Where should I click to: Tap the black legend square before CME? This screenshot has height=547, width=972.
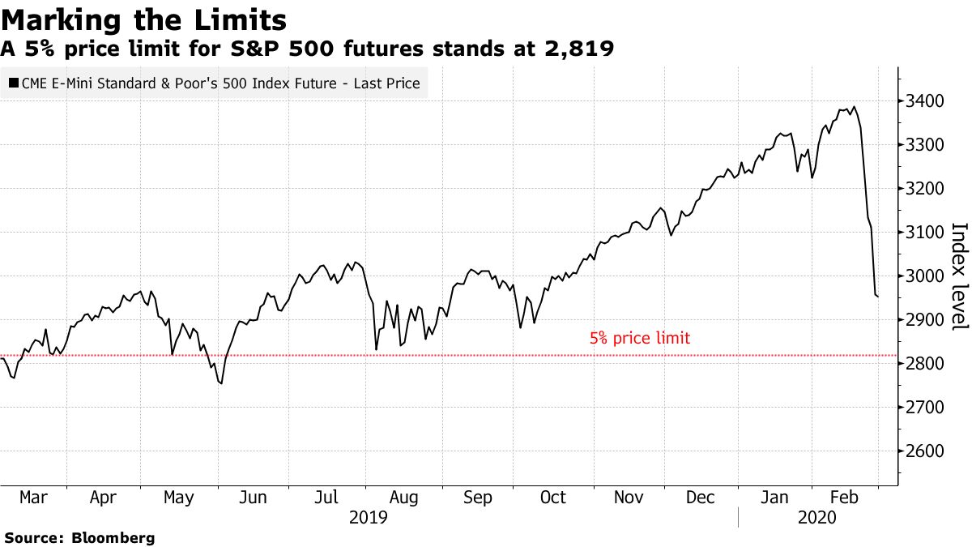click(13, 83)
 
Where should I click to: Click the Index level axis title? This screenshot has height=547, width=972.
click(958, 276)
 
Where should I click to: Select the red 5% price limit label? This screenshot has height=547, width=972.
click(640, 339)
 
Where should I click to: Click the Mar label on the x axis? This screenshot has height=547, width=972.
click(32, 498)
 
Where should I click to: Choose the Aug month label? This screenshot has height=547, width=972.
click(403, 498)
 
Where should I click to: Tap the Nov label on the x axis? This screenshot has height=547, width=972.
click(629, 498)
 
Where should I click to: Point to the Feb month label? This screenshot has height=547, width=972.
click(846, 498)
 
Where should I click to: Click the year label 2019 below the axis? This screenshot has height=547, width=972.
click(369, 517)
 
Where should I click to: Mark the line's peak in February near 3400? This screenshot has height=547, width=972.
click(855, 106)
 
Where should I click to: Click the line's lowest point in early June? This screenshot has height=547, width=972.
click(221, 383)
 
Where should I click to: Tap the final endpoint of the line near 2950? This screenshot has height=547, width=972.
click(878, 297)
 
